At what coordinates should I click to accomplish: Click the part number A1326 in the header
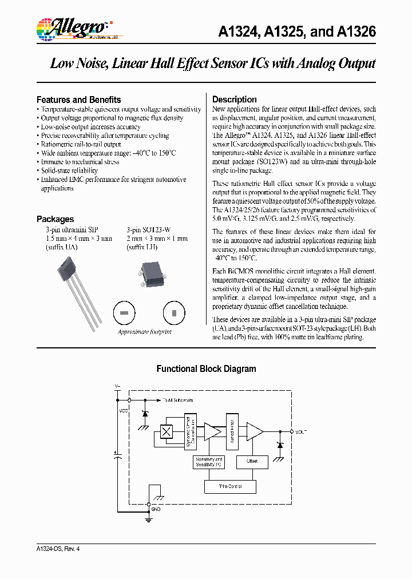click(x=356, y=32)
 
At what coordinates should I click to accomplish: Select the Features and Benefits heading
click(x=78, y=100)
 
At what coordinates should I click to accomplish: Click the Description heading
click(x=235, y=100)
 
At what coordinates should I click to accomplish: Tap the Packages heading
click(x=55, y=219)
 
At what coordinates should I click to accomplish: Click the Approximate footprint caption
click(x=144, y=332)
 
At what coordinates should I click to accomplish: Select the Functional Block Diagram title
click(x=206, y=369)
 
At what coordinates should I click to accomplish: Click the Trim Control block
click(x=230, y=486)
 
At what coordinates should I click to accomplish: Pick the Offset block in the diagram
click(x=252, y=461)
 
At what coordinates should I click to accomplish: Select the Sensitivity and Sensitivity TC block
click(x=209, y=462)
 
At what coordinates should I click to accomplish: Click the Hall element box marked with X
click(x=167, y=432)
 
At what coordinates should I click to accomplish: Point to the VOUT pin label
click(x=302, y=431)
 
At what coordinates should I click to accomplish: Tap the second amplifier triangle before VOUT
click(x=253, y=432)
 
